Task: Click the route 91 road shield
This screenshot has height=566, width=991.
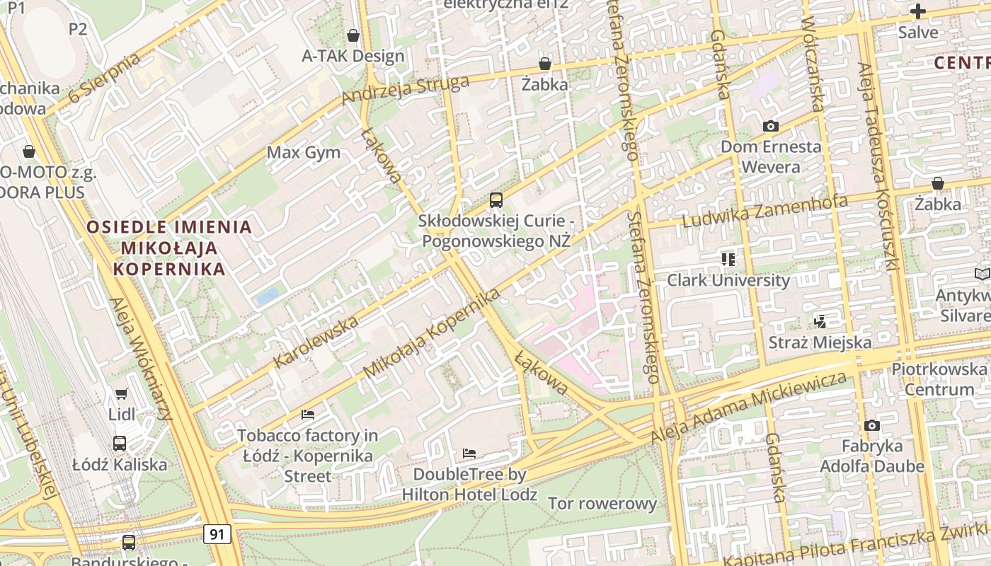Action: [217, 533]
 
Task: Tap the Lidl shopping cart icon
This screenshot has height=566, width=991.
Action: [121, 393]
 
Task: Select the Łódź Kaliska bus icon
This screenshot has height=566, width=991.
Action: [120, 444]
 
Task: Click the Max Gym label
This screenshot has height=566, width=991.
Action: [303, 152]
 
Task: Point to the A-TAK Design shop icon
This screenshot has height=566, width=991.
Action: [353, 35]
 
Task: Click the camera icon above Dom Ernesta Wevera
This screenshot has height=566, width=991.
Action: [771, 126]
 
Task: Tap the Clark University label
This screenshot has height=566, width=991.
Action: [728, 279]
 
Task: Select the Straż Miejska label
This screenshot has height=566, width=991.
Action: [820, 342]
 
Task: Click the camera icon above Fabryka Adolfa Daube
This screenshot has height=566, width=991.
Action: [872, 425]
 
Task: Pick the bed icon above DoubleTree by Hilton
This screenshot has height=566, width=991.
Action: [469, 453]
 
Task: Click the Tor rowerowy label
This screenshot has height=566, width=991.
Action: [602, 504]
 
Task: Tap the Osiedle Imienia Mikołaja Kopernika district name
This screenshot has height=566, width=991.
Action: [169, 248]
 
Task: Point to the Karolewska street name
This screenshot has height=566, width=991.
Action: [316, 342]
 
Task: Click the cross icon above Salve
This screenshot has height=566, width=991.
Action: [918, 11]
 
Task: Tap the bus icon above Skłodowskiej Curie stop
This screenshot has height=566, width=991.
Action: [495, 200]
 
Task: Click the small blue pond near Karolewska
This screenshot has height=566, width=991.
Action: [268, 296]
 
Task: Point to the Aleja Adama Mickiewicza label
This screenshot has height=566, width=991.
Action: [749, 408]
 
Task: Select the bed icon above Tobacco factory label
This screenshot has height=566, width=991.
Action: [307, 414]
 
